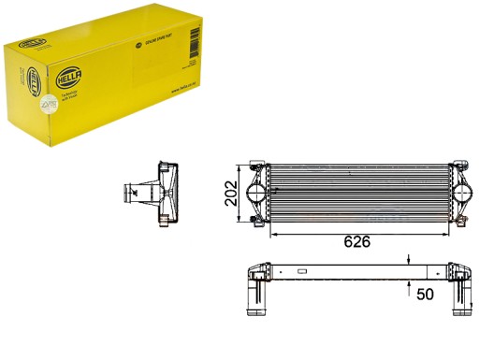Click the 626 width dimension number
click(356, 240)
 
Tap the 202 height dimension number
click(228, 192)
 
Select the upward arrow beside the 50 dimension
click(409, 283)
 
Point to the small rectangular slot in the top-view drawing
click(302, 271)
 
